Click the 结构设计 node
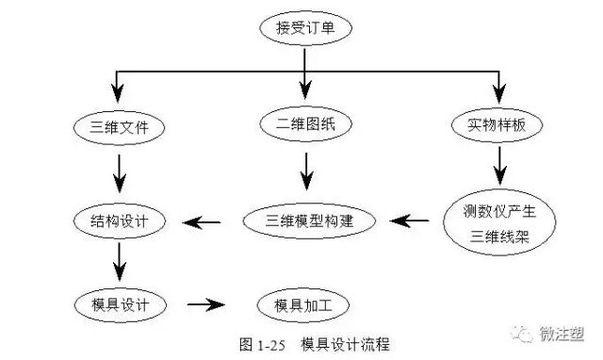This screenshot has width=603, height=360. [120, 221]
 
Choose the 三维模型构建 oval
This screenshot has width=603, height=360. [309, 221]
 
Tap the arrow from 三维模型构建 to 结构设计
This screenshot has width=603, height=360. [202, 222]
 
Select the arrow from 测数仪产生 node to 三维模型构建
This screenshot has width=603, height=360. [410, 222]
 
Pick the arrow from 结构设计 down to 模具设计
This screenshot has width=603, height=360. [120, 261]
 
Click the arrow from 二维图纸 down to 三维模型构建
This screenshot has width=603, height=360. [305, 170]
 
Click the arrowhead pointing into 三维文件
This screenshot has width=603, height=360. [116, 94]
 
